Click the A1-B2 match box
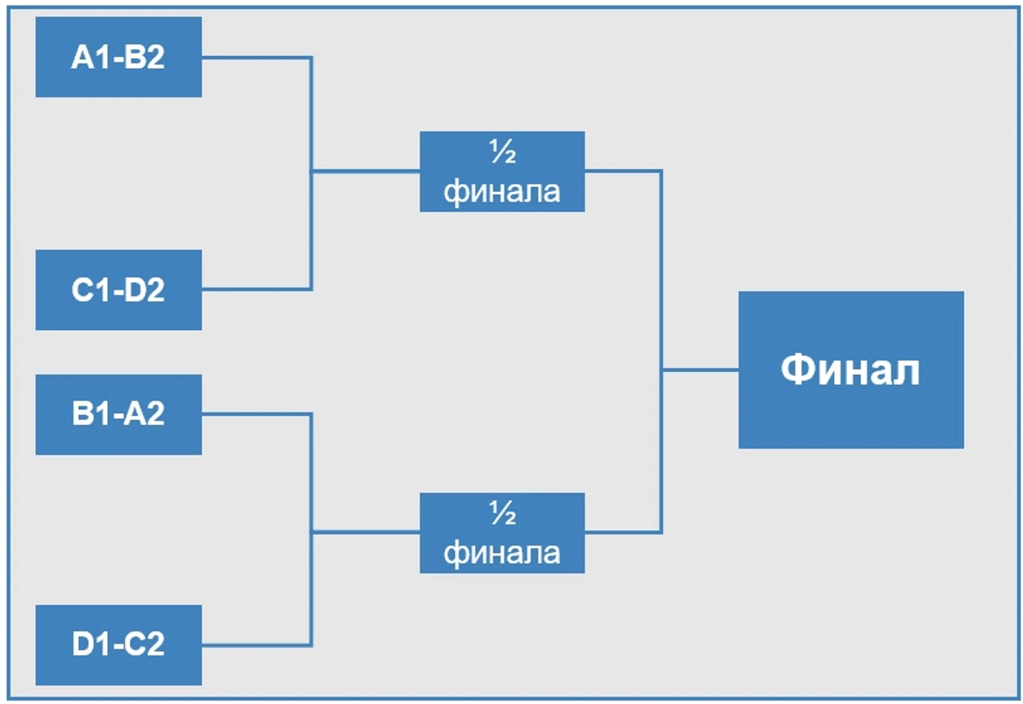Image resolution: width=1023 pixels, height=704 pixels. [118, 57]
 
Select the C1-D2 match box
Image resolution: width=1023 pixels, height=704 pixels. [118, 290]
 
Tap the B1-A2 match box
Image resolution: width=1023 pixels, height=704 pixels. [118, 415]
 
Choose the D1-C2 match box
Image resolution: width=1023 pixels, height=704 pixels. [118, 645]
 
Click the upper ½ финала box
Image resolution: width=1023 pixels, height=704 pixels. [502, 172]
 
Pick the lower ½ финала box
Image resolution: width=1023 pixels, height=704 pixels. [502, 533]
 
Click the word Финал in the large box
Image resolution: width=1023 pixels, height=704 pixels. [851, 370]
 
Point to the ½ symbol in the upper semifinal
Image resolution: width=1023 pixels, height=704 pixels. [503, 151]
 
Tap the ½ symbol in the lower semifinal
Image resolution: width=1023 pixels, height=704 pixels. [503, 513]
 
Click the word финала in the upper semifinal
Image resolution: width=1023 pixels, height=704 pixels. [502, 193]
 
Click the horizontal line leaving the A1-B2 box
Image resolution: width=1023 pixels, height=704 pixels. [256, 58]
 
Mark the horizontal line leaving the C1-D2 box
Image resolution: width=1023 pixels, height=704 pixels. [256, 289]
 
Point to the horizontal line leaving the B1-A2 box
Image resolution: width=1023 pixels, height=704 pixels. [256, 415]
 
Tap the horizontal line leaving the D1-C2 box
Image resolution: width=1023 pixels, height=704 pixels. [256, 645]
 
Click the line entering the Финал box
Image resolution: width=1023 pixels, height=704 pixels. [701, 370]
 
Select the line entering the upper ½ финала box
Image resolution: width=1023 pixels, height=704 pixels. [366, 172]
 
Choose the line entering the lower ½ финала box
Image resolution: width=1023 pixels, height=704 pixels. [366, 532]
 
